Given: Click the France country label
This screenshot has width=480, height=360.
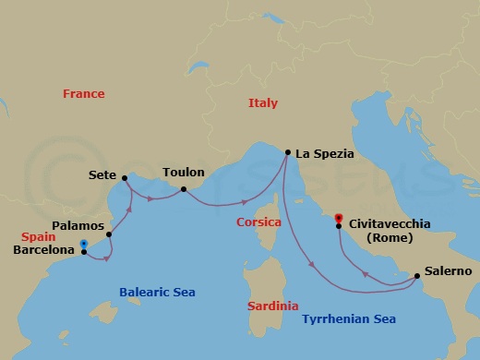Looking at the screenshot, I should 83,93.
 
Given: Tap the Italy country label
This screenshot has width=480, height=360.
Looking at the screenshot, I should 263,103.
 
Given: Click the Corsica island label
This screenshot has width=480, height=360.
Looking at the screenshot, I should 258,222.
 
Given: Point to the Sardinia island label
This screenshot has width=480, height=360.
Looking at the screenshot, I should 275,306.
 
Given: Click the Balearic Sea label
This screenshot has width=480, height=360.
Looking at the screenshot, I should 157,293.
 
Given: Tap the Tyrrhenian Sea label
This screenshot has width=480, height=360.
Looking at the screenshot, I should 349,318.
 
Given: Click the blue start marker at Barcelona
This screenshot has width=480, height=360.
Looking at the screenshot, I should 84,245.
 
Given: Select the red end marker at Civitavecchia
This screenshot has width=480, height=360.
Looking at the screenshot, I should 339,219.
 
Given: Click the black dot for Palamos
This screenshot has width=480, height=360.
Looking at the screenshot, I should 109,234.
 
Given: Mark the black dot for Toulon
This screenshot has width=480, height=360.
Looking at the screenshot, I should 184,189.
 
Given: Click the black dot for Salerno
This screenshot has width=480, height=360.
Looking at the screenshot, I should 413,273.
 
